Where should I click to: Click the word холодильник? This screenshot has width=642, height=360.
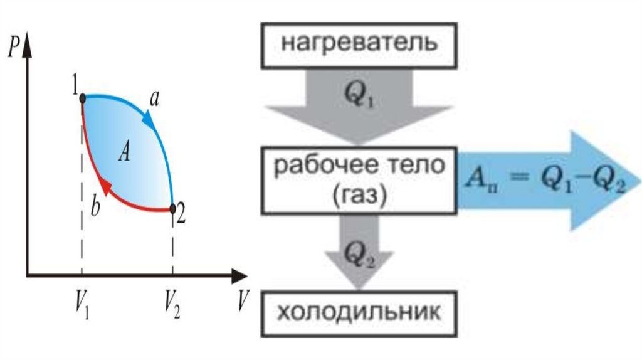pos(355,312)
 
